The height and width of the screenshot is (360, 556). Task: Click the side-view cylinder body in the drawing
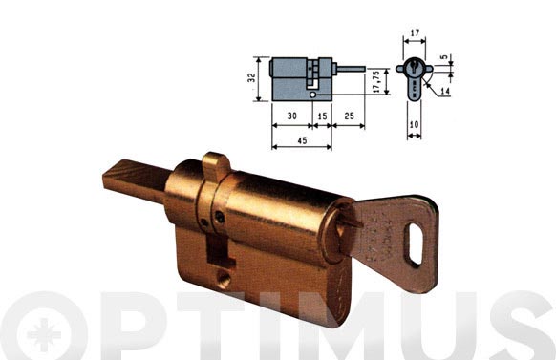pos(299,80)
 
